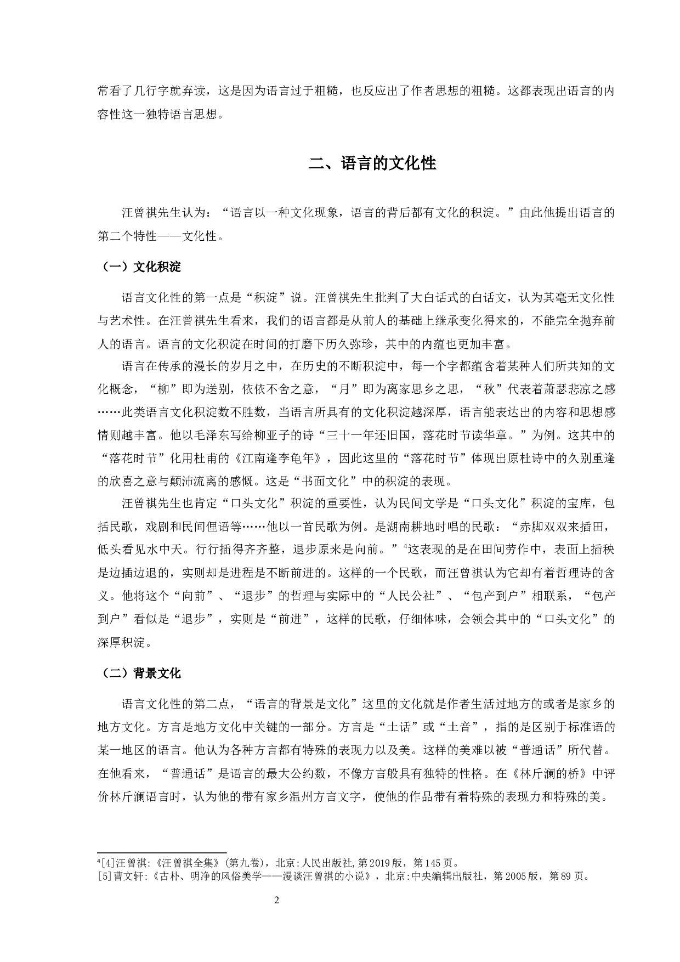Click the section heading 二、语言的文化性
tap(372, 163)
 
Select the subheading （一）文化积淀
tap(139, 267)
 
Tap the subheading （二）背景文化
tap(139, 673)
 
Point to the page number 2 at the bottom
tap(276, 900)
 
